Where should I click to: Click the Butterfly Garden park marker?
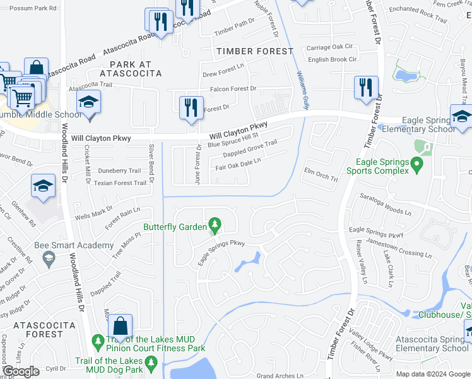215,225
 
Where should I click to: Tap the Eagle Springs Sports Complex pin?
416,165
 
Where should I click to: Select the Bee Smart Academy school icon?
49,258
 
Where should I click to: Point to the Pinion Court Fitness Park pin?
97,342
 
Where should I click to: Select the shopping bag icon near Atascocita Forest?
120,327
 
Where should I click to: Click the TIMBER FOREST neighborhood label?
254,51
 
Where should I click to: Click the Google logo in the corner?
21,371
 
